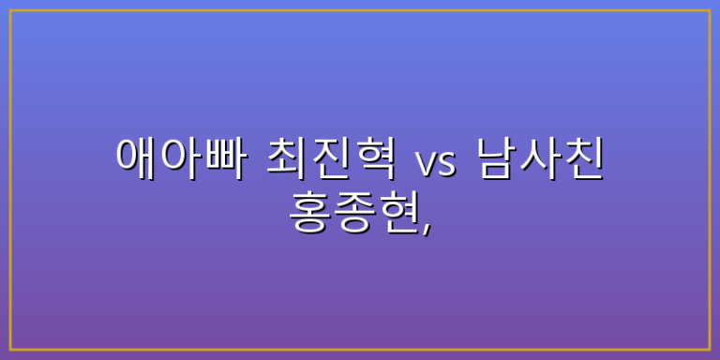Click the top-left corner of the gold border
coord(10,10)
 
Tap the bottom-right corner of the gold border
coord(710,350)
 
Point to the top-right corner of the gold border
coord(710,10)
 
